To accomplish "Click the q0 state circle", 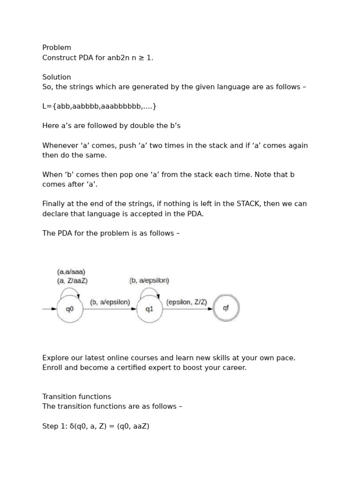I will (x=70, y=309).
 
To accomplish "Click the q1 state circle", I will (x=150, y=309).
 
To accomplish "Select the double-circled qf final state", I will (x=226, y=308).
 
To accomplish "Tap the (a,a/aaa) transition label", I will (x=71, y=272).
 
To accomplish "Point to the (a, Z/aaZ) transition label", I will (x=72, y=281).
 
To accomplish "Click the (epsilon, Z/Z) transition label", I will (x=187, y=302).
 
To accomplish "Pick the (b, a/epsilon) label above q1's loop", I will (x=149, y=280).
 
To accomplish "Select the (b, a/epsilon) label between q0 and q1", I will (x=110, y=302).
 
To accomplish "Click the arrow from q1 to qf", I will (x=187, y=309).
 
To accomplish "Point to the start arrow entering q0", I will (x=49, y=309).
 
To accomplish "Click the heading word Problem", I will (x=57, y=48).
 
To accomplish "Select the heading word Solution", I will (x=57, y=77).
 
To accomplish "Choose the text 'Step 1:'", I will (x=55, y=427).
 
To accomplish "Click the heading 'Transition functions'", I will (x=76, y=397).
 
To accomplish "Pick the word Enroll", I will (x=52, y=367).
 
